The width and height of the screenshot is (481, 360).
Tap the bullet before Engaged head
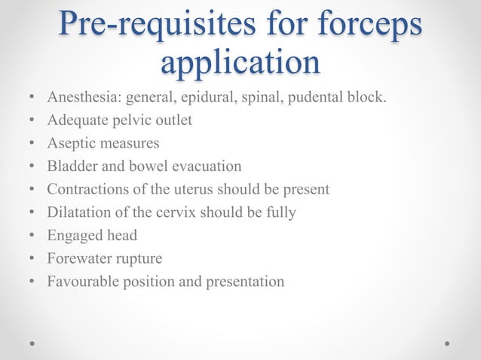click(32, 236)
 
